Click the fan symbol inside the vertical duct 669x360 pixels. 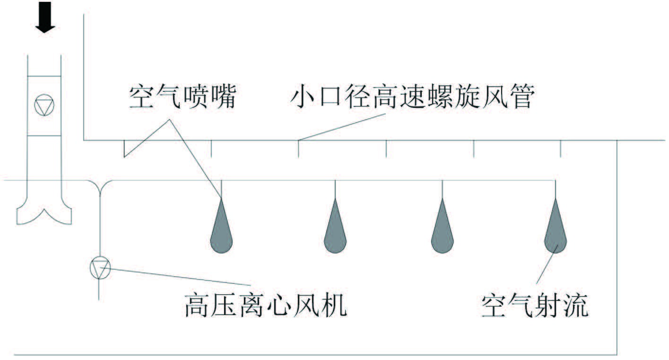[x=44, y=105]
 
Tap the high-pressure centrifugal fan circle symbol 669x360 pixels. [x=100, y=268]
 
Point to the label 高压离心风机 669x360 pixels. [x=266, y=305]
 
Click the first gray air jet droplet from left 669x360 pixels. [x=221, y=229]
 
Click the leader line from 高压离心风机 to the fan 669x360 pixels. [x=180, y=277]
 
